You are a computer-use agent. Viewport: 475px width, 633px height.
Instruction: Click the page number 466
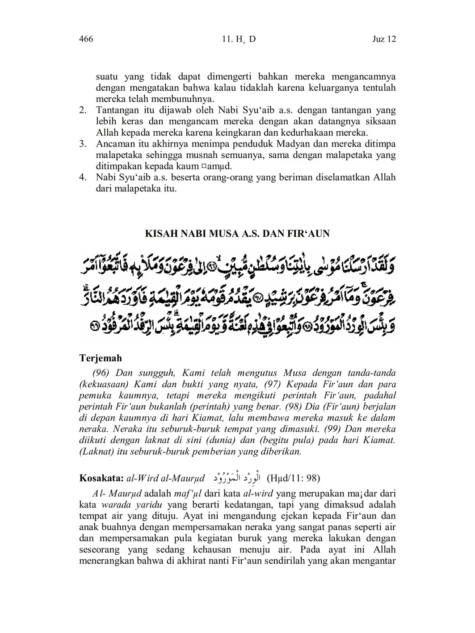[x=86, y=39]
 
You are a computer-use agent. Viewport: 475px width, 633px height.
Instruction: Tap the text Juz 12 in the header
[x=384, y=39]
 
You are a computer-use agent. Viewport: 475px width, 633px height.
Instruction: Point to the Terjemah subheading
[x=101, y=358]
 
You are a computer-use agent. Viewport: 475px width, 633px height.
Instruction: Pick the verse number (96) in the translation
[x=101, y=373]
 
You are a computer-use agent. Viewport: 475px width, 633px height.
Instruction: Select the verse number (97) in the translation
[x=273, y=384]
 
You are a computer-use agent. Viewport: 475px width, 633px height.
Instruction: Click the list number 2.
[x=83, y=110]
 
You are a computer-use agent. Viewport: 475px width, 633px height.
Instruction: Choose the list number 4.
[x=83, y=177]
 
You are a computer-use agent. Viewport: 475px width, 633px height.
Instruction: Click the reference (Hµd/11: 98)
[x=293, y=478]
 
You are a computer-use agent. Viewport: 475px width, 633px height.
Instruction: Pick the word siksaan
[x=380, y=122]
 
